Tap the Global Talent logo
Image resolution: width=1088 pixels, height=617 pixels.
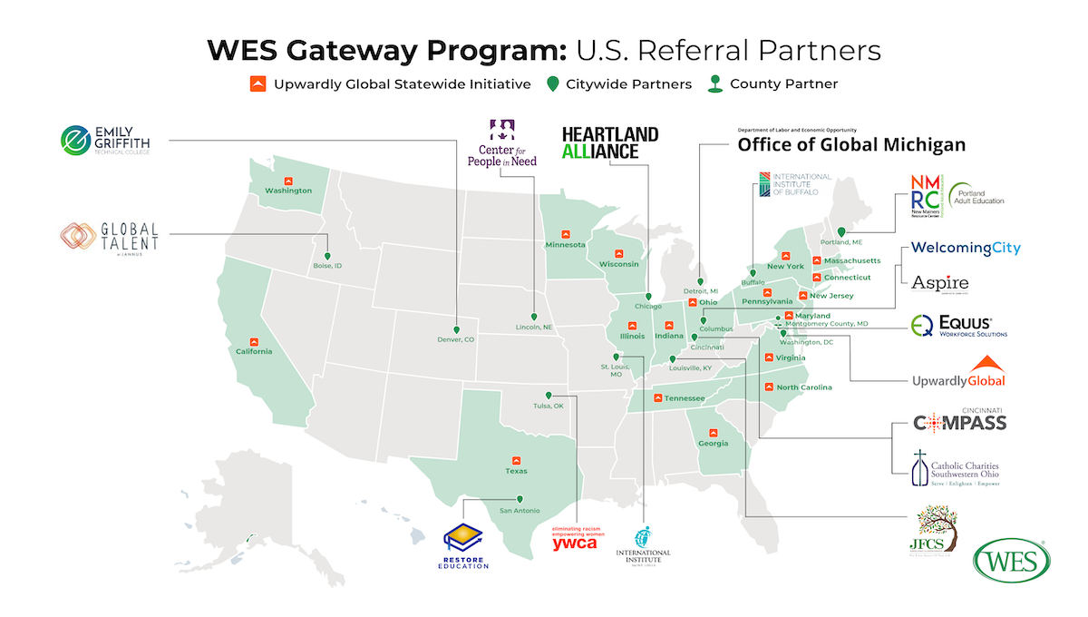(109, 237)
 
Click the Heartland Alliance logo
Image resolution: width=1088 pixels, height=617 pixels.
(609, 142)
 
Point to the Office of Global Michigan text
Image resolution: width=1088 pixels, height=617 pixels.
(850, 143)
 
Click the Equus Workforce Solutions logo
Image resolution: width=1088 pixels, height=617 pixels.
(959, 327)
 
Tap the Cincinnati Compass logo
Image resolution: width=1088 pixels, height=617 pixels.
(959, 421)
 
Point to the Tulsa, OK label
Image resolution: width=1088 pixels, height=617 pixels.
(549, 406)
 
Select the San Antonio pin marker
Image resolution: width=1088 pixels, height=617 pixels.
(520, 499)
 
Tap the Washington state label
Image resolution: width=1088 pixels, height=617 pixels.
(288, 191)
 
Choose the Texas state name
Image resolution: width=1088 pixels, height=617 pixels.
(516, 471)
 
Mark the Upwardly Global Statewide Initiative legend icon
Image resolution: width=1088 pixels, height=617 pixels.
(257, 84)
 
